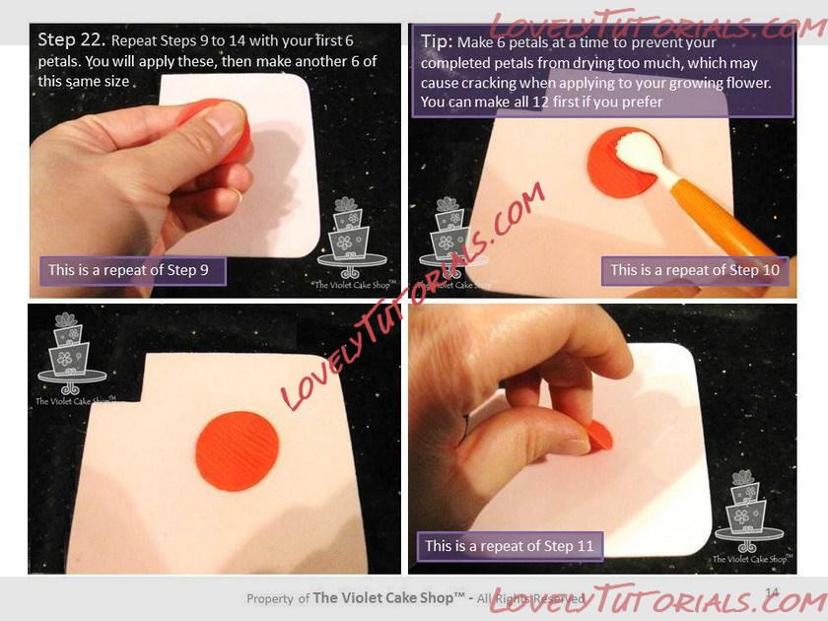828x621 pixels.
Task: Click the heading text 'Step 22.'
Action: point(71,40)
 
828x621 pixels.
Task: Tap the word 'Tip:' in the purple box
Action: point(437,41)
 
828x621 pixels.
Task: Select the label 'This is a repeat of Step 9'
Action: point(128,270)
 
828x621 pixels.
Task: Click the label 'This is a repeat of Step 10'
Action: point(695,270)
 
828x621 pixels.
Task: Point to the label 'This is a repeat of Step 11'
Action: point(510,545)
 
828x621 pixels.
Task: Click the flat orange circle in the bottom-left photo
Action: point(238,451)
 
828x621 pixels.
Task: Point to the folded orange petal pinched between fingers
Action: point(599,436)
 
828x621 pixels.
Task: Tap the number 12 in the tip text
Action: point(540,102)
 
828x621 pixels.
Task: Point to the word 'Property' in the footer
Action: point(269,599)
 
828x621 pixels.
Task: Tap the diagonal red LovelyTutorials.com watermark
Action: point(413,297)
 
